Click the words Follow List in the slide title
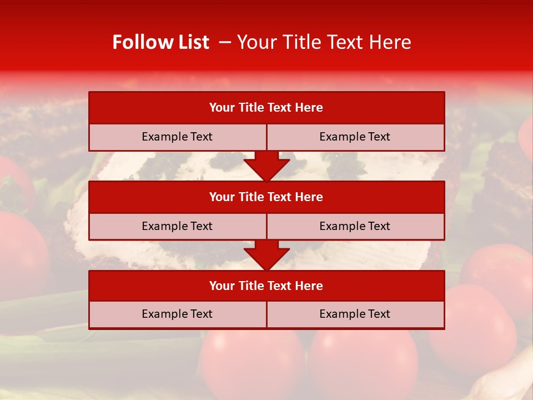coord(160,42)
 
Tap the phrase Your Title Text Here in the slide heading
coord(324,42)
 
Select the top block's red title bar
coord(266,108)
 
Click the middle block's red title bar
coord(266,197)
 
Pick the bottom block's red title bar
coord(266,286)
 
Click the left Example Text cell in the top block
coord(177,137)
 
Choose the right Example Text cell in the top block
coord(355,137)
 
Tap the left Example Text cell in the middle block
coord(177,227)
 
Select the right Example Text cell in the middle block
coord(355,227)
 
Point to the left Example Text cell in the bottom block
coord(177,314)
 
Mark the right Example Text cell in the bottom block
coord(355,314)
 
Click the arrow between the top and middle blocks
coord(266,166)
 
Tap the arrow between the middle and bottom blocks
coord(266,256)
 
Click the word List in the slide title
coord(192,42)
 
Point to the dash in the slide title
coord(225,42)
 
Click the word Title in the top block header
coord(250,108)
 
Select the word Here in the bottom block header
coord(309,286)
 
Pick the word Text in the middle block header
coord(280,197)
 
